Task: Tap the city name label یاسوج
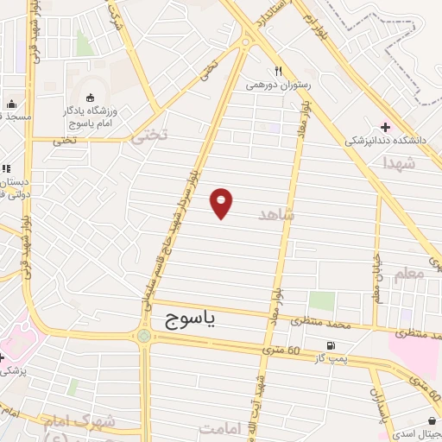click(193, 319)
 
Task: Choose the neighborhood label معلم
click(408, 274)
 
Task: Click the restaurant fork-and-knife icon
click(277, 72)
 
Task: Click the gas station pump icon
click(329, 344)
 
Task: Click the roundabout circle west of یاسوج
click(142, 335)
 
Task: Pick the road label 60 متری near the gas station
click(282, 349)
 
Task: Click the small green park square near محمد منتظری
click(322, 301)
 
